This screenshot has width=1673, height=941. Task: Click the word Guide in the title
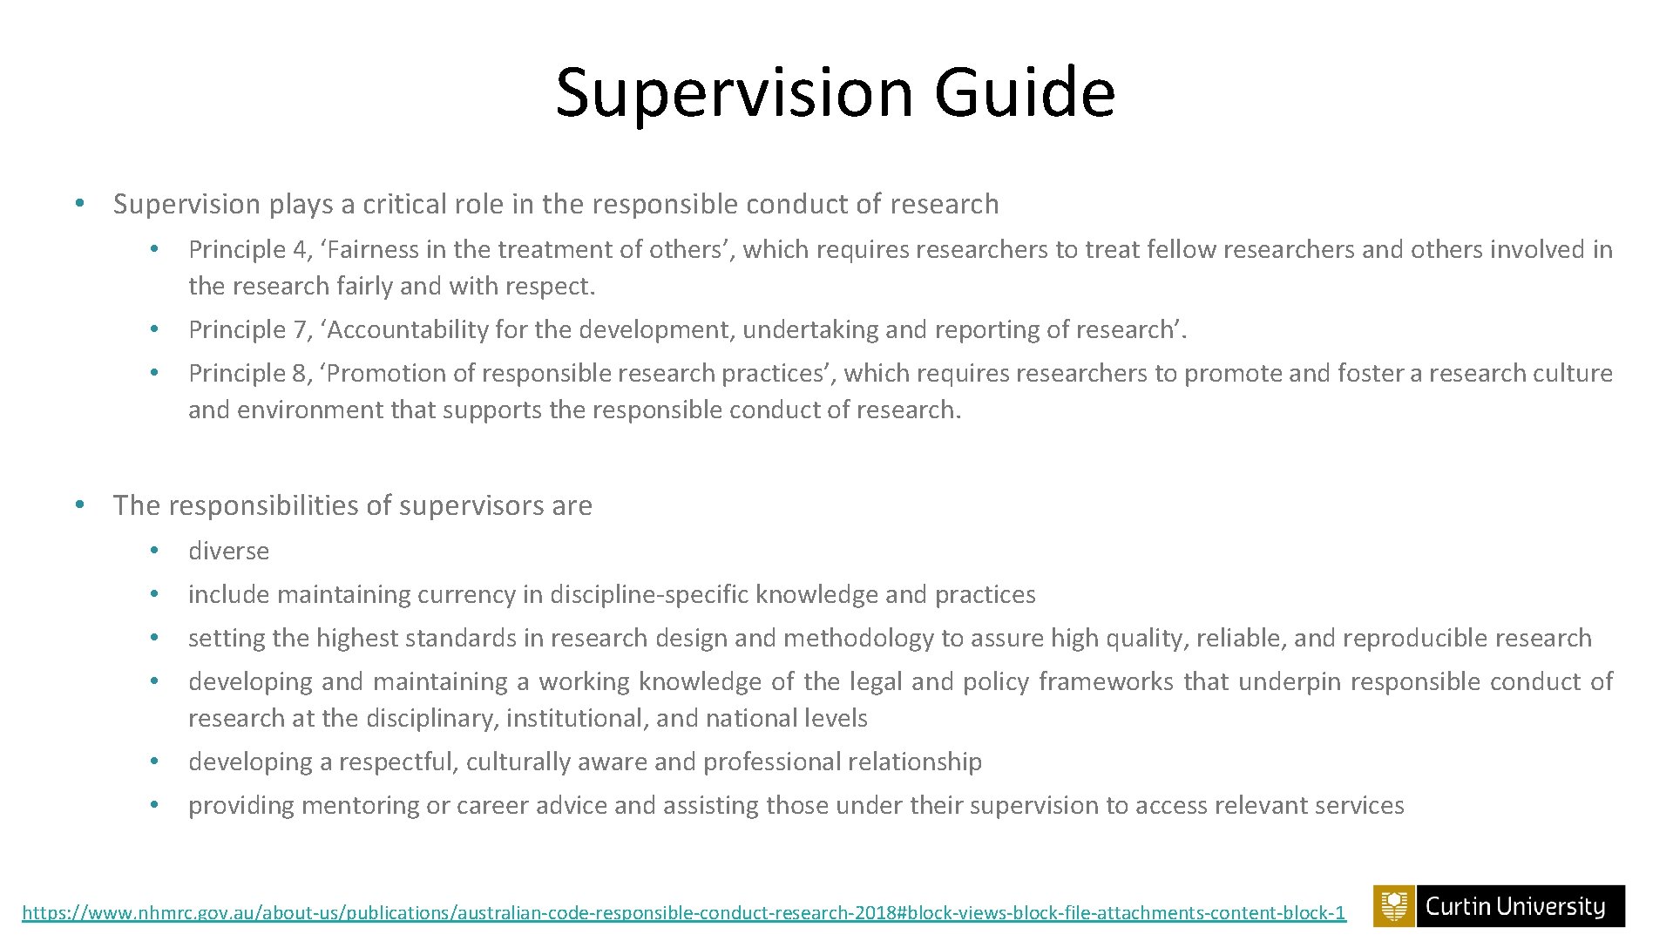pyautogui.click(x=1024, y=91)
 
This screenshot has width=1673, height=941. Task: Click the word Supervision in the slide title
pyautogui.click(x=734, y=93)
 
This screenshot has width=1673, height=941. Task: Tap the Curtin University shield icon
pyautogui.click(x=1394, y=906)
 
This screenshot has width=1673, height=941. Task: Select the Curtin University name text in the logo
pyautogui.click(x=1515, y=907)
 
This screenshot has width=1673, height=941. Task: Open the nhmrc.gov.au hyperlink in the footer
pyautogui.click(x=683, y=913)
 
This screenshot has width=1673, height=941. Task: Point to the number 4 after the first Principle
pyautogui.click(x=301, y=250)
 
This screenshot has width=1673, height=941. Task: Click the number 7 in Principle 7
pyautogui.click(x=301, y=330)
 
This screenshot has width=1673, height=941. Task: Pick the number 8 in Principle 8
pyautogui.click(x=301, y=374)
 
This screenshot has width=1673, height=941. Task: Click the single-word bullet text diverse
pyautogui.click(x=228, y=552)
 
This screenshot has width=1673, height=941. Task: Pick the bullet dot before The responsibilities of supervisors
pyautogui.click(x=78, y=505)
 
